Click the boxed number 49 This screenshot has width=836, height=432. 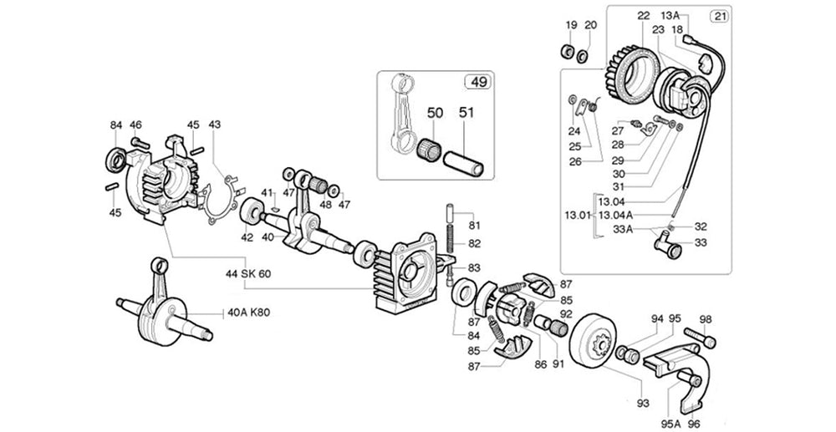click(x=477, y=82)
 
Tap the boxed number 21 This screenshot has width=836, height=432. click(x=719, y=16)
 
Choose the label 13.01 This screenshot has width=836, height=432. click(x=576, y=216)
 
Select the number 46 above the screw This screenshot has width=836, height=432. click(x=135, y=125)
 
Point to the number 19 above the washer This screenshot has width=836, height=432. click(x=571, y=24)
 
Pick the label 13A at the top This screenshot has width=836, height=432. click(x=670, y=15)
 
